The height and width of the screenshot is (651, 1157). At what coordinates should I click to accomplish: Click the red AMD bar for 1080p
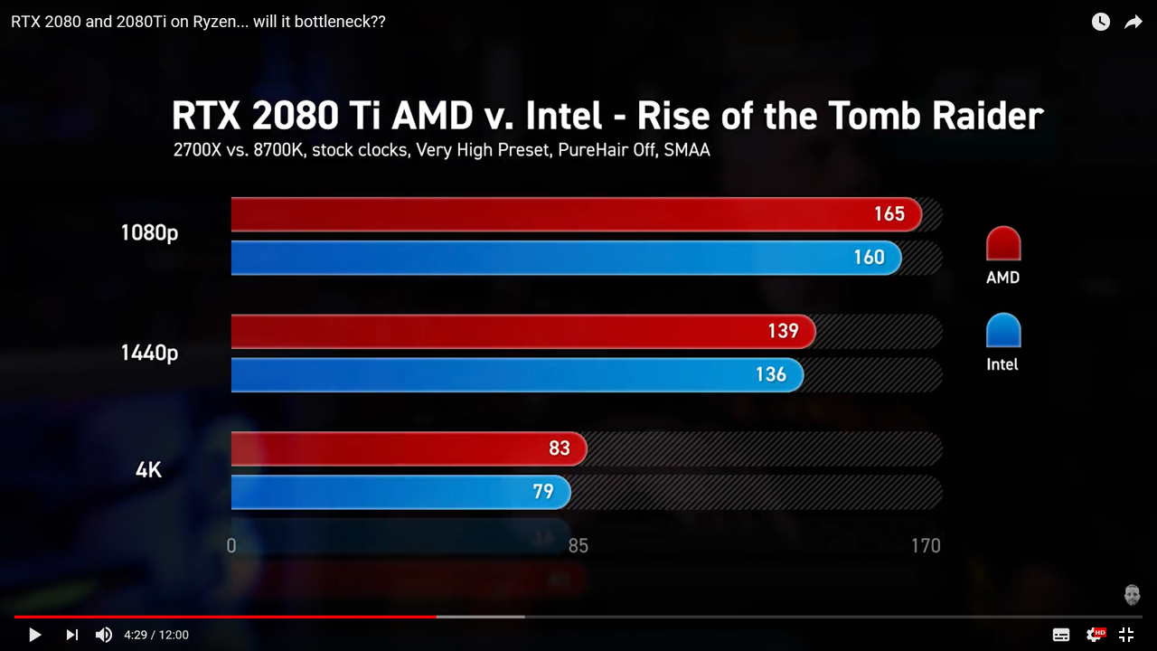click(x=575, y=214)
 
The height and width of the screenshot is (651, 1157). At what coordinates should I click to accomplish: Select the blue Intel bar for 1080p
click(x=566, y=258)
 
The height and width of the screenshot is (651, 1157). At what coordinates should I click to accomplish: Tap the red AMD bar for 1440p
click(x=522, y=332)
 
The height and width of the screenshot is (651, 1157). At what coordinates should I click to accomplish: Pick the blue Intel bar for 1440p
click(x=516, y=374)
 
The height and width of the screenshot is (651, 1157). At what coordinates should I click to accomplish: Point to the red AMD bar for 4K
click(x=409, y=448)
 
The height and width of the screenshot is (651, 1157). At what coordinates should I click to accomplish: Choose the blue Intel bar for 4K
click(x=400, y=492)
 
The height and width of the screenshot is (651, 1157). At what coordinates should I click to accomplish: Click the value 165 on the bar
click(x=889, y=214)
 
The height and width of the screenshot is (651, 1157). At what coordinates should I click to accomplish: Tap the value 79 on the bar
click(x=542, y=492)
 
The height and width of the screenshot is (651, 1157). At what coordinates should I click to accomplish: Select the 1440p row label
click(x=149, y=353)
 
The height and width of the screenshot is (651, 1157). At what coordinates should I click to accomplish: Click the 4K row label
click(x=148, y=470)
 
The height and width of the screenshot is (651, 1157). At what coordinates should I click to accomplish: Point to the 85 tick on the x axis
click(x=578, y=545)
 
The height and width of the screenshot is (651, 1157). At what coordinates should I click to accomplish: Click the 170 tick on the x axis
click(x=926, y=545)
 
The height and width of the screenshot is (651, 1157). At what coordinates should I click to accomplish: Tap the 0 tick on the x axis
click(x=231, y=545)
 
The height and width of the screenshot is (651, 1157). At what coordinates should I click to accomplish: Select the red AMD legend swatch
click(x=1002, y=244)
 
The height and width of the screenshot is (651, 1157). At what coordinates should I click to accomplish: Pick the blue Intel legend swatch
click(x=1002, y=331)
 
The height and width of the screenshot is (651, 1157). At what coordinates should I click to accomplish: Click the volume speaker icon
click(x=104, y=635)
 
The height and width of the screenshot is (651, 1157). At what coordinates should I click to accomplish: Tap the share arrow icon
click(x=1133, y=22)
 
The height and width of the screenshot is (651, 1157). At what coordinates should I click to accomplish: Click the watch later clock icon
click(x=1100, y=22)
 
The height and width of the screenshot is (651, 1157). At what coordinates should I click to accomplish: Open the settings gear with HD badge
click(x=1095, y=635)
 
